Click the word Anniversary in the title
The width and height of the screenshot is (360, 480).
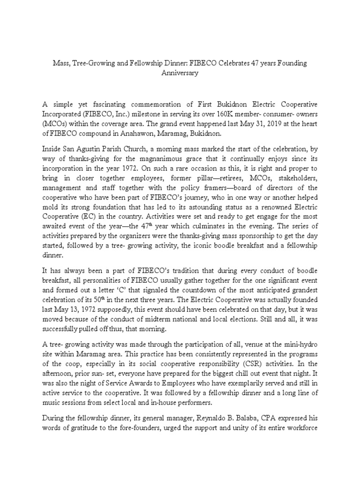[180, 73]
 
